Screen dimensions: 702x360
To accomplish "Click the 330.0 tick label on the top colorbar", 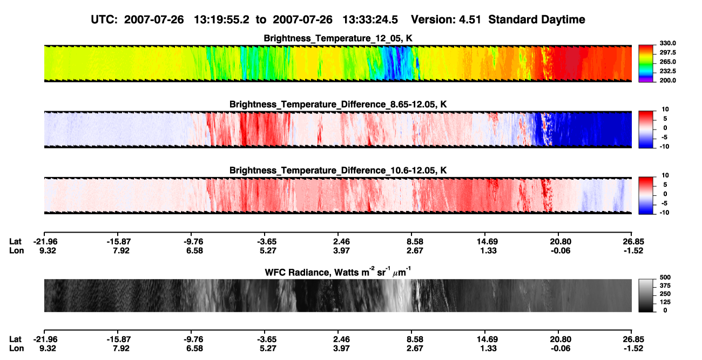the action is tap(667, 43).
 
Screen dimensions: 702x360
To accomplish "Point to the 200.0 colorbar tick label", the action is tap(667, 80).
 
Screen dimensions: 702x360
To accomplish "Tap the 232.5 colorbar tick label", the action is tap(667, 71).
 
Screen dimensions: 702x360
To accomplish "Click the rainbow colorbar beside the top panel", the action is tap(646, 64).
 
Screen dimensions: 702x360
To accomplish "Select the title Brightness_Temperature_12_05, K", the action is tap(338, 38).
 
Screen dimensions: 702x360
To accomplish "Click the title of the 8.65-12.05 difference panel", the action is tap(338, 104).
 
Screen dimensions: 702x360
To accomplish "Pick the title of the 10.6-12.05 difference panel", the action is tap(338, 171).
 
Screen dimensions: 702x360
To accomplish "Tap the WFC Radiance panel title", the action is tap(338, 272).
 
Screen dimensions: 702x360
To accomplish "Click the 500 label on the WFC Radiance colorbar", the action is tap(665, 277).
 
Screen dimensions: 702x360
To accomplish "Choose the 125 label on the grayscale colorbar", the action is tap(665, 302).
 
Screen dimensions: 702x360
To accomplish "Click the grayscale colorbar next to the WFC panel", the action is tap(646, 295).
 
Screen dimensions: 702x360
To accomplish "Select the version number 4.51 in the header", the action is tap(470, 19).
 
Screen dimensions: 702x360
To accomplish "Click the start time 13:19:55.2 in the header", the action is tap(221, 19).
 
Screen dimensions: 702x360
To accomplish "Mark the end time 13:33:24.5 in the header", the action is tap(370, 19).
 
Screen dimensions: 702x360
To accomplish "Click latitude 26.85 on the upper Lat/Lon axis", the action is tap(633, 242).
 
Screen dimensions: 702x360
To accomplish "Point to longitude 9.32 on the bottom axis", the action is tap(48, 348).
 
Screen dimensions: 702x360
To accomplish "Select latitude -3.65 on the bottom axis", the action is tap(267, 339).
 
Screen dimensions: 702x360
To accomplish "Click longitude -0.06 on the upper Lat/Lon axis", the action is tap(561, 250).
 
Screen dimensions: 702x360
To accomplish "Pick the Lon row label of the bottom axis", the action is tap(16, 348).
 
